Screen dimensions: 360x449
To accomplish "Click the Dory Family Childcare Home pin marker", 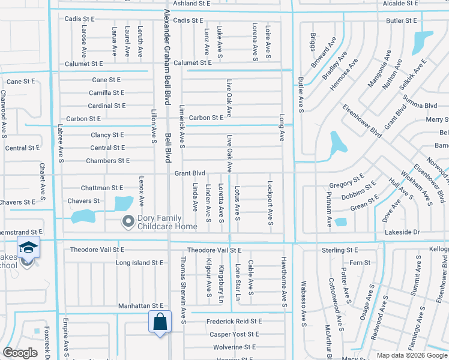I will click(127, 222).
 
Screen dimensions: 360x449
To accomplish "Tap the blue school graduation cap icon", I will click(28, 247).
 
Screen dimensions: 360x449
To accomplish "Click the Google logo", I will click(20, 353).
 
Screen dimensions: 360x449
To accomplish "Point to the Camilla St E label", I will click(106, 93).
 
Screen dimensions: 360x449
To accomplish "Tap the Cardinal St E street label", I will click(106, 106).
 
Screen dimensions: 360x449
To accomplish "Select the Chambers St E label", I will click(107, 161).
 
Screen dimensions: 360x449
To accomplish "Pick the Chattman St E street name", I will click(102, 188).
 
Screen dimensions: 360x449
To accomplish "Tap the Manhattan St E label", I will click(140, 306).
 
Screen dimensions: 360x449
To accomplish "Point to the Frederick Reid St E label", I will click(234, 322).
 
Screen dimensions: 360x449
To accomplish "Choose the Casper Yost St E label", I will click(234, 334).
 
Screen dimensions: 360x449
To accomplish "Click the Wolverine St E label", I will click(234, 347).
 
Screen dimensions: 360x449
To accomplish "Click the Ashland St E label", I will click(191, 3).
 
